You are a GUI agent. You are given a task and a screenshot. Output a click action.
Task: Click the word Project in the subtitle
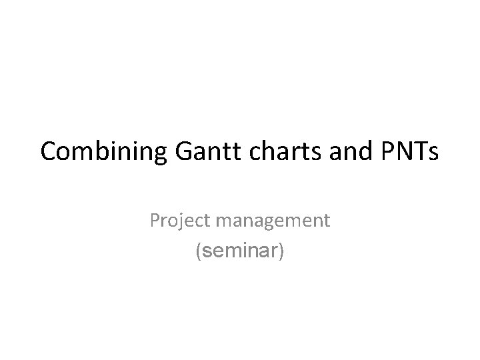177,220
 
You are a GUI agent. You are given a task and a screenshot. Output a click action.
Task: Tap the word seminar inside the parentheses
239,253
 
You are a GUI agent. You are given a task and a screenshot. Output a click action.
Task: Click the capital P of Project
155,219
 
